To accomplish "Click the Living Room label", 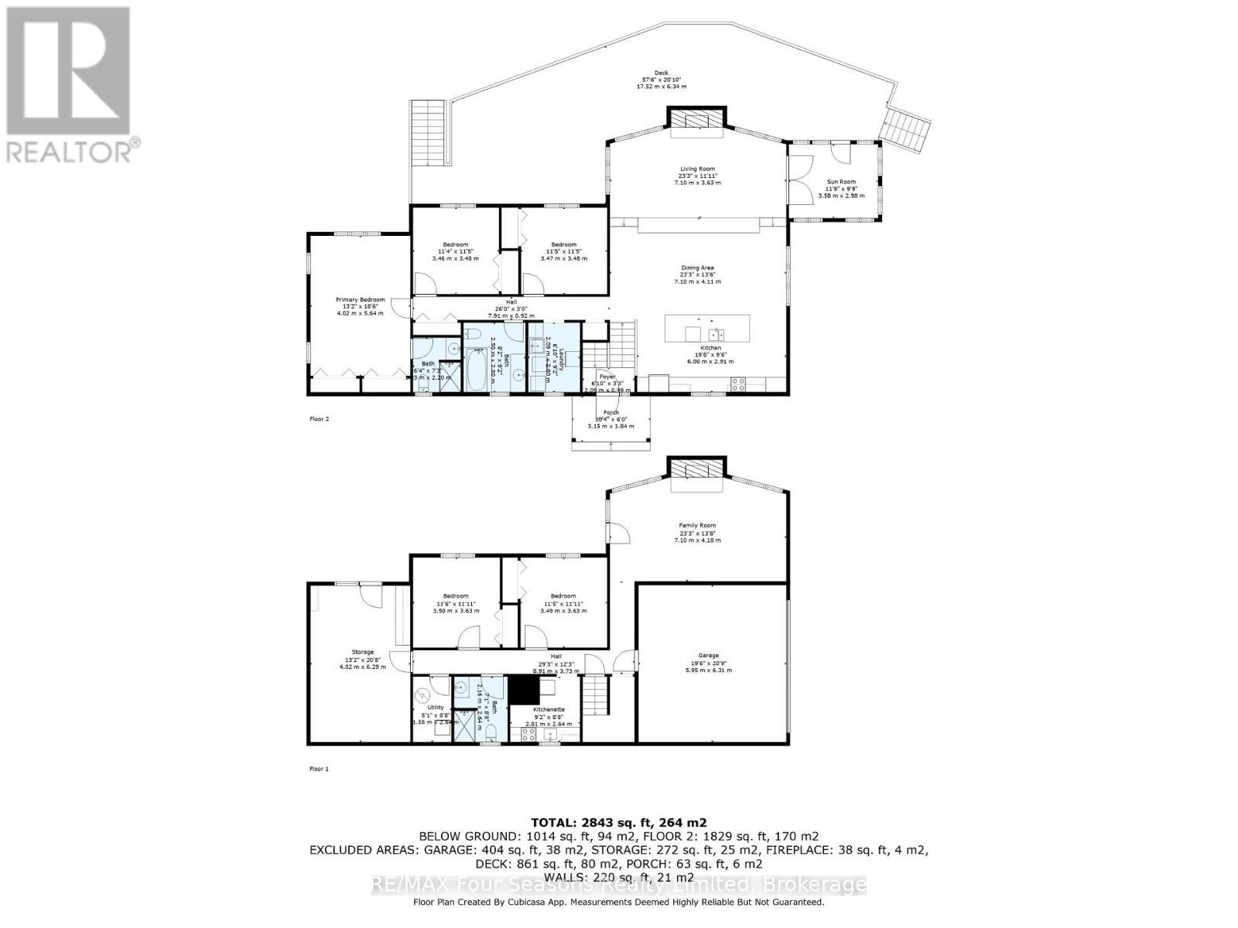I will pos(696,169).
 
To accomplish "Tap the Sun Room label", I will pos(841,182).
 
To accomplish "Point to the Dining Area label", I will pos(696,268).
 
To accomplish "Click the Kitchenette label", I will pos(549,709).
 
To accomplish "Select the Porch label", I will pos(610,413).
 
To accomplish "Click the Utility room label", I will pos(436,708).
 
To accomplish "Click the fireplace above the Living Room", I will pos(697,120).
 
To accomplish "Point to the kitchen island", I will pos(707,328).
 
